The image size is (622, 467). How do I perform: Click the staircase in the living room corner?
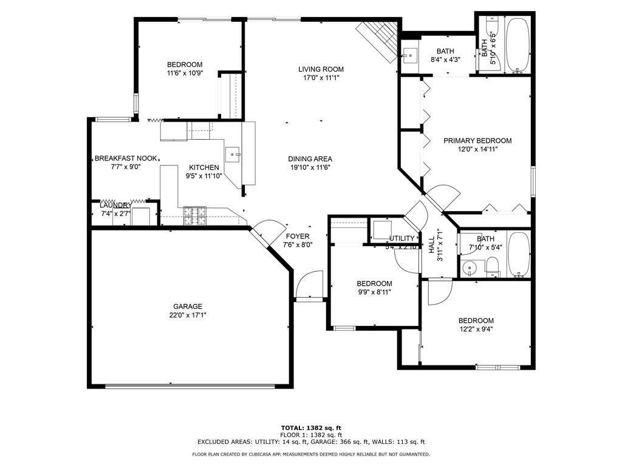378,40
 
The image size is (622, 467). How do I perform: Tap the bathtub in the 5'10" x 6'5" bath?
518,46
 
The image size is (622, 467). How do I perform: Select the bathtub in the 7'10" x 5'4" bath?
518,254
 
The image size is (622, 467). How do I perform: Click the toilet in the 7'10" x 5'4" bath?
492,266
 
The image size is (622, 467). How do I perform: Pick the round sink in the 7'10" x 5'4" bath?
468,268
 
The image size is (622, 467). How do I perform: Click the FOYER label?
298,237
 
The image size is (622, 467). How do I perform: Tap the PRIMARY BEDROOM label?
477,140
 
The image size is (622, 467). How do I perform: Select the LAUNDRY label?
115,206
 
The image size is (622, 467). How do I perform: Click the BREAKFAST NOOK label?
126,159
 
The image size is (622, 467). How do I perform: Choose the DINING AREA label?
310,159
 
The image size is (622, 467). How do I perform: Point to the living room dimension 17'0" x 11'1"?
321,78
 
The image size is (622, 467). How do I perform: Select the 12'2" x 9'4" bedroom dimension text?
476,330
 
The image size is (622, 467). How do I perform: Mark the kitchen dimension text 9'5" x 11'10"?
203,176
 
